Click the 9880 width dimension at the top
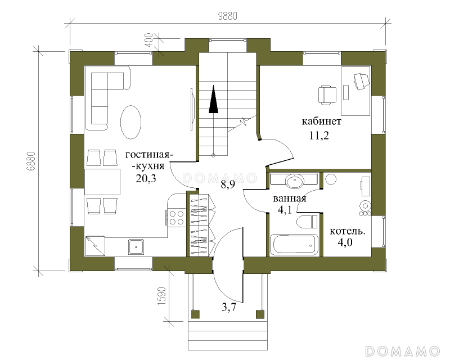pos(228,16)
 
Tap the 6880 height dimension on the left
pos(31,161)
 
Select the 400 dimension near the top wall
pos(148,40)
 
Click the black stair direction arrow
pos(213,99)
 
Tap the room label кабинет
pos(321,121)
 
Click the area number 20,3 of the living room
pos(146,178)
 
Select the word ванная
pos(289,199)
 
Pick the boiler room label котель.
pos(347,231)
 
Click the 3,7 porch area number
pos(229,308)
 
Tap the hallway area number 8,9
pos(228,184)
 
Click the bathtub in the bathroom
pos(294,245)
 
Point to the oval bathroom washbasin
pos(294,181)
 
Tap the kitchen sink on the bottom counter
pos(136,246)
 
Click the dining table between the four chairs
pos(102,182)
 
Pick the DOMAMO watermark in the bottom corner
pos(403,351)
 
